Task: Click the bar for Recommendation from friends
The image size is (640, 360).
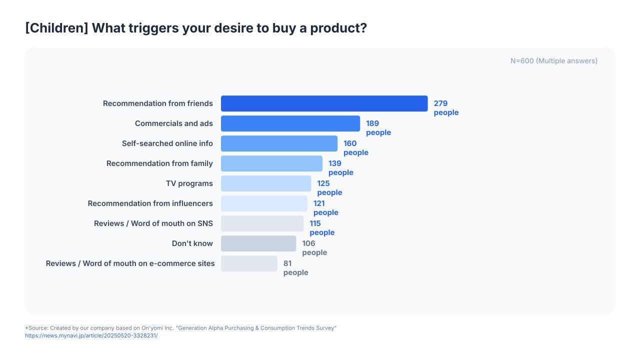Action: [x=324, y=103]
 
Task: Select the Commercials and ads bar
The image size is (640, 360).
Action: [x=290, y=123]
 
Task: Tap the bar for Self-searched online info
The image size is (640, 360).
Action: [x=279, y=143]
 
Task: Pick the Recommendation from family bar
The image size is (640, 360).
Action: [x=271, y=163]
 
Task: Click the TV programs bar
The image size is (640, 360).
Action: [x=266, y=183]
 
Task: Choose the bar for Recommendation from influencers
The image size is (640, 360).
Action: [x=264, y=203]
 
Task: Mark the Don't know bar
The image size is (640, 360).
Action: [x=258, y=243]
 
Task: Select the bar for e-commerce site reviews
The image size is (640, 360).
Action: [x=249, y=263]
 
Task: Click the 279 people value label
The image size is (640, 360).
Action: [x=446, y=107]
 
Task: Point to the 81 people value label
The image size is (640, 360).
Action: [x=295, y=267]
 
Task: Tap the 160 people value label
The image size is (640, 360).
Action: [x=355, y=147]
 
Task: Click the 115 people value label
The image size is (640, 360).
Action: [x=322, y=227]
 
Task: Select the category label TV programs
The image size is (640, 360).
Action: [x=189, y=183]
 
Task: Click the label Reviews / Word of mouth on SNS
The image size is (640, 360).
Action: [x=153, y=223]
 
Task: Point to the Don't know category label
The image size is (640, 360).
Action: [x=192, y=243]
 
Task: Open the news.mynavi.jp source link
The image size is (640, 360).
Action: [x=91, y=335]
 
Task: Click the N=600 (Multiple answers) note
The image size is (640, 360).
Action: [x=554, y=61]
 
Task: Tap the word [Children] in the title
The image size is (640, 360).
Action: [x=57, y=28]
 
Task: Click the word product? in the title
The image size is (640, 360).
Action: [x=338, y=28]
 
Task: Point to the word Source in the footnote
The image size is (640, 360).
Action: [x=38, y=328]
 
